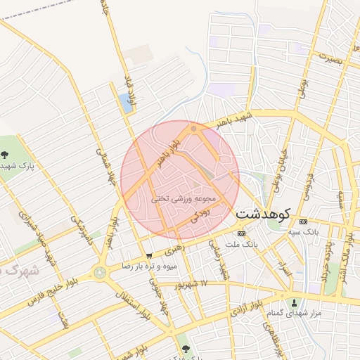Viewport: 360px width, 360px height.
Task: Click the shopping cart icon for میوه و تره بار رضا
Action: pos(148,256)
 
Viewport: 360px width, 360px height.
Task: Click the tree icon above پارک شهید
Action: pos(6,154)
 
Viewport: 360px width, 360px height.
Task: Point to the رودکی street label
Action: pos(199,212)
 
